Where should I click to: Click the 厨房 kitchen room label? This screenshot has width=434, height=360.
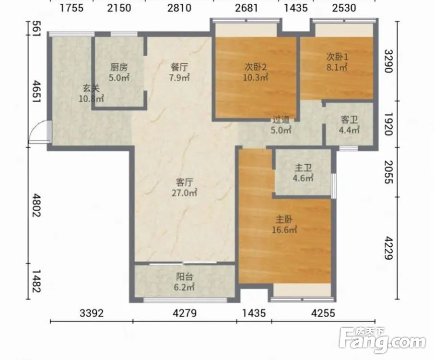119,67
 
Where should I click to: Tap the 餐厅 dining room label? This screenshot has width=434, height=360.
179,67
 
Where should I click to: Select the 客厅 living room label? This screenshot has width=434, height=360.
184,182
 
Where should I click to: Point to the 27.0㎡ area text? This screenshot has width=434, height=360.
184,192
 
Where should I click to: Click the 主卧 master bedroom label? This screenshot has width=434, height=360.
284,219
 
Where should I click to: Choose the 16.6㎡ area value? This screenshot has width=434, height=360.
284,230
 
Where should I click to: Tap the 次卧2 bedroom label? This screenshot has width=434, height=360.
255,67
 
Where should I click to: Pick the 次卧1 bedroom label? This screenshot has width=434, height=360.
337,57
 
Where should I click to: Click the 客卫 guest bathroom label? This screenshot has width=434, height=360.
349,120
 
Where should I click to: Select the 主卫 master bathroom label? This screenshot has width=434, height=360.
303,168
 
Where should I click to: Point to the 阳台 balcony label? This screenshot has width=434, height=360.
184,276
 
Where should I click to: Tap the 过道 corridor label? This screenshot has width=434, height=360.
281,120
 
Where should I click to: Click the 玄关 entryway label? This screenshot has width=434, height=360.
91,88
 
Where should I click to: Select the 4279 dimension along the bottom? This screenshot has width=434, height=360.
185,313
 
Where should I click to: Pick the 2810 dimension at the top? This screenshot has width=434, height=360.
179,8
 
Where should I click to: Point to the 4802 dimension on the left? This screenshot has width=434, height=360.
36,205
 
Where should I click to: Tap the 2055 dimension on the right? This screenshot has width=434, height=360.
388,172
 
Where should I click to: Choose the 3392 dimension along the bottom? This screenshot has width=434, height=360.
92,313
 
